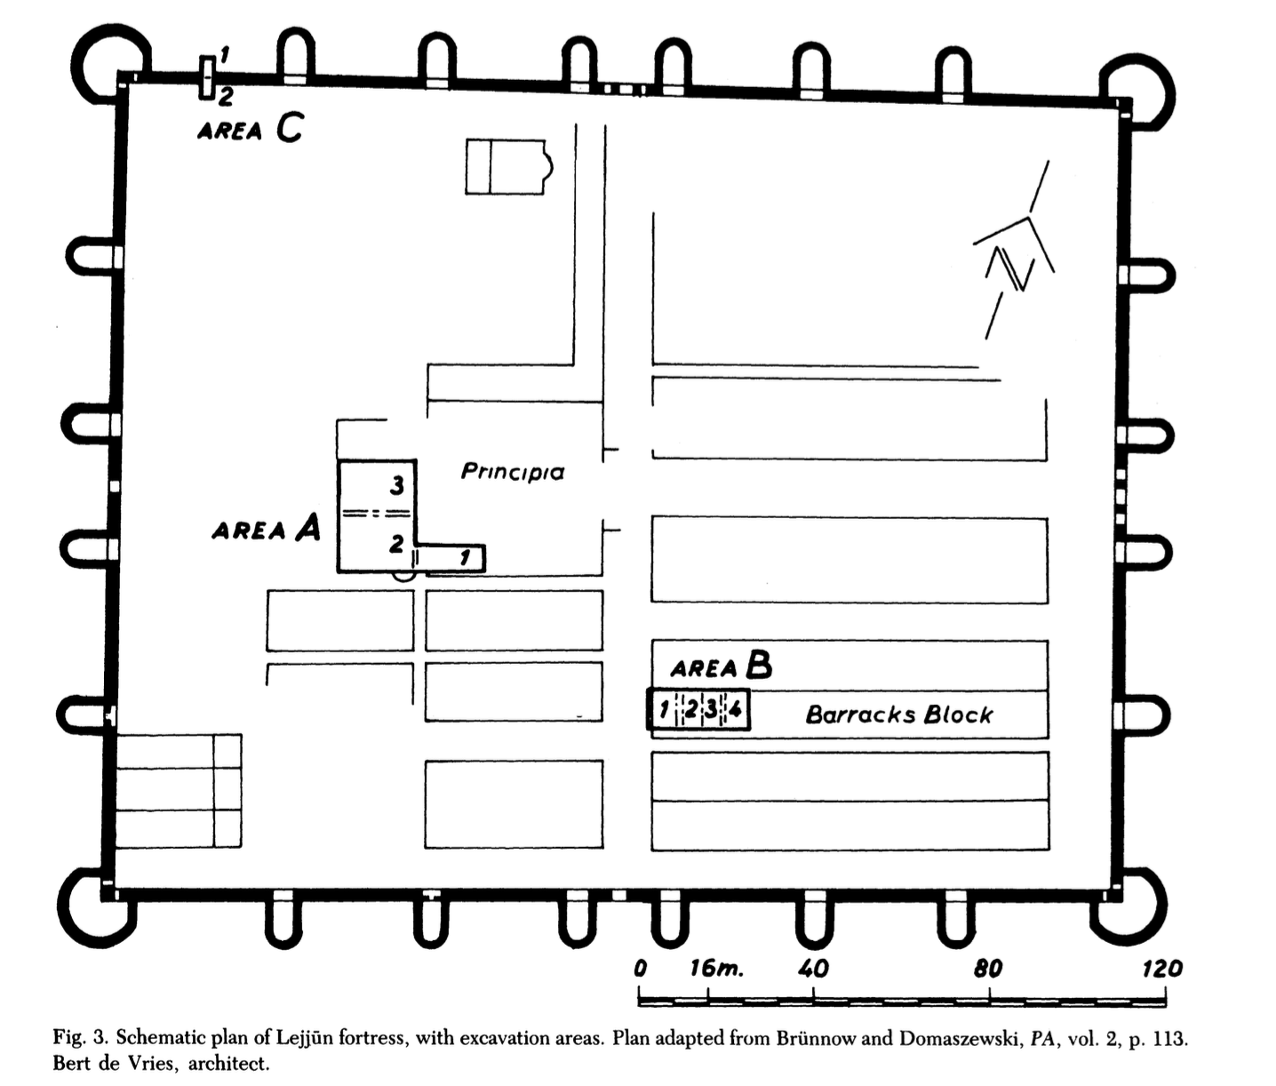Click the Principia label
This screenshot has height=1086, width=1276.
pos(513,472)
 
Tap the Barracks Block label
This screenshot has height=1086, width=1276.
pos(899,715)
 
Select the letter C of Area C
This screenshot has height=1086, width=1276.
pos(290,129)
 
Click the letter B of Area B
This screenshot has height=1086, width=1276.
pos(759,666)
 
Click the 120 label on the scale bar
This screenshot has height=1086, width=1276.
pos(1161,969)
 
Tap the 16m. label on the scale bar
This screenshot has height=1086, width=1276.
pos(716,969)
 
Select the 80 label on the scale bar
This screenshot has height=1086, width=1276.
pos(988,969)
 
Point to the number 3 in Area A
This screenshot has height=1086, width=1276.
pos(397,485)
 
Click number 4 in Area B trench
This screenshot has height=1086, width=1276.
pos(735,709)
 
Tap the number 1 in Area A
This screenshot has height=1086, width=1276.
pos(466,558)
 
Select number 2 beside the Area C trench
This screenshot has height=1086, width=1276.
pos(225,96)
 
